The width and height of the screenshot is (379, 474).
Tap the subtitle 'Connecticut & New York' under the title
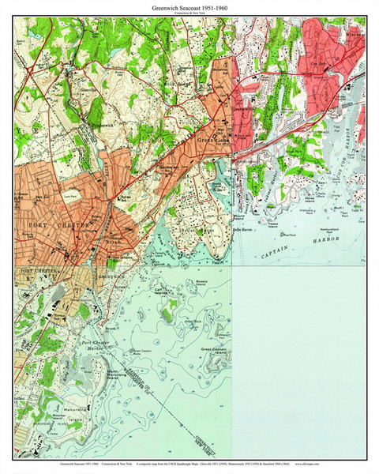point(189,14)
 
